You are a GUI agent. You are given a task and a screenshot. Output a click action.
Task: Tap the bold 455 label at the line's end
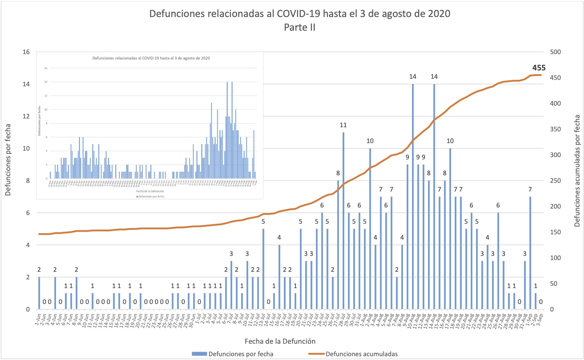click(x=539, y=68)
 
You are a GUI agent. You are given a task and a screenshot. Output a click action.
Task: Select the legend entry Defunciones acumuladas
click(x=361, y=354)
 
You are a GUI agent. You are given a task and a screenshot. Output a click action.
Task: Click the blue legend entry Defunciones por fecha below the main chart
click(x=240, y=354)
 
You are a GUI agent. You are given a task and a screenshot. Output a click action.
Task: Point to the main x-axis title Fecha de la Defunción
click(x=280, y=341)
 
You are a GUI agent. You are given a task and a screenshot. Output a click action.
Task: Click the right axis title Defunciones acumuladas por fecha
click(x=577, y=171)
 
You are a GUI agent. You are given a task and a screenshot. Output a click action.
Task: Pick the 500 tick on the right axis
click(x=555, y=52)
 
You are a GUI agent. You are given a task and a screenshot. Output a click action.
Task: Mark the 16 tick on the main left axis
click(x=26, y=52)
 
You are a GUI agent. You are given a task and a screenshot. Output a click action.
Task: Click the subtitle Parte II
click(x=300, y=28)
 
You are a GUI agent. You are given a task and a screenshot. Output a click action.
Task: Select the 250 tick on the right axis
click(x=555, y=181)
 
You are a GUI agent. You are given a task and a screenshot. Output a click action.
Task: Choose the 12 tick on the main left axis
click(x=26, y=116)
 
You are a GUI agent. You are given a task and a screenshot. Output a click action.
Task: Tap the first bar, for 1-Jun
click(x=39, y=293)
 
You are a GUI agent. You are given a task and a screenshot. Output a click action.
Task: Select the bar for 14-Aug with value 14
click(x=434, y=196)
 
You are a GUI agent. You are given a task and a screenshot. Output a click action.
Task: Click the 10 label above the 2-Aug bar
click(x=370, y=141)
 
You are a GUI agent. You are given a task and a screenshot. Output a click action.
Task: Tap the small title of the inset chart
click(x=151, y=58)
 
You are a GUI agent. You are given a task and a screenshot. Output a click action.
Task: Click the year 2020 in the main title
click(x=439, y=14)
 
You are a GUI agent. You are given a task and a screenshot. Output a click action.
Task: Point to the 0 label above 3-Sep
click(x=541, y=302)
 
